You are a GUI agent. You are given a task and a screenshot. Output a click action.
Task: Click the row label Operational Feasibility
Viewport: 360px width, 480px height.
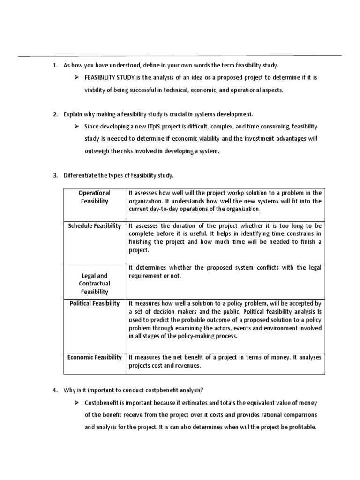point(94,197)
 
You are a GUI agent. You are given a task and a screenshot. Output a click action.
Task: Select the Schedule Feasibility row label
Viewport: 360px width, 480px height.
point(94,226)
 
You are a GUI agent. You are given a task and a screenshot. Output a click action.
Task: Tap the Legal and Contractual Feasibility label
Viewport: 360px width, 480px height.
point(94,284)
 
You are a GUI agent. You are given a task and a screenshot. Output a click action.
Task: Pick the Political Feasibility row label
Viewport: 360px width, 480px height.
point(94,303)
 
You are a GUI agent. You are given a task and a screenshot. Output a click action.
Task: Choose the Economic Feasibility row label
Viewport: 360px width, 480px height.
point(94,357)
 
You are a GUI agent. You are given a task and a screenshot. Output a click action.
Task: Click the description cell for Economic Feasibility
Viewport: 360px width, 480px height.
point(225,361)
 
